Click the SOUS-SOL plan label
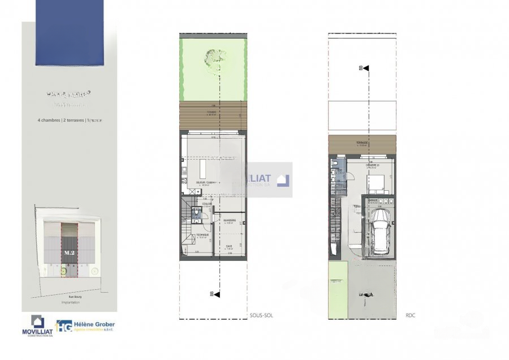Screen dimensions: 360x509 coord(261,315)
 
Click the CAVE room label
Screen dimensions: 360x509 coord(229,246)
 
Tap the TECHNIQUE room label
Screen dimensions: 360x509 coord(202,235)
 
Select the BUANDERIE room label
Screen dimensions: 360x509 coord(229,221)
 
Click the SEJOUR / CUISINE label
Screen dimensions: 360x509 coord(206,183)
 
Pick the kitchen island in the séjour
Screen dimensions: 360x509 coord(203,169)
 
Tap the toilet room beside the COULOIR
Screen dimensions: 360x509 coord(197,214)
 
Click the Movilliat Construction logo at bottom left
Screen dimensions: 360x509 coord(38,326)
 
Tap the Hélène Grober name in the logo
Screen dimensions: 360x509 coord(94,324)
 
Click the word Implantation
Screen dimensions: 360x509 coord(70,303)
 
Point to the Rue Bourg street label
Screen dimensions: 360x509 coord(70,295)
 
